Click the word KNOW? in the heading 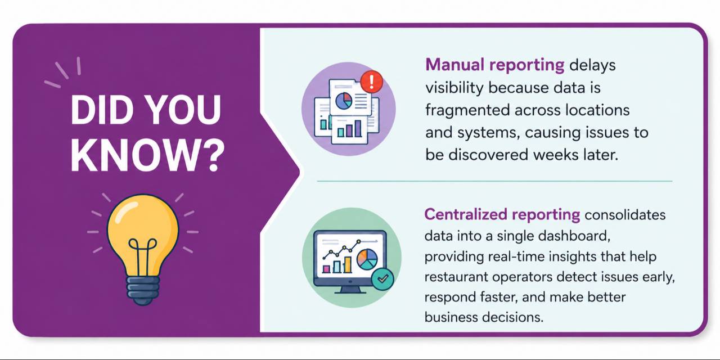(147, 156)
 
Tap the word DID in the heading (98, 110)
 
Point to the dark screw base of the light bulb (143, 290)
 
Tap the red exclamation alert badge (372, 82)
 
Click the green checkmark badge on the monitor (382, 278)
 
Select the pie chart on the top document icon (344, 101)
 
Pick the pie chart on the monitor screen (367, 259)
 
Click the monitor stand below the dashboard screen (350, 290)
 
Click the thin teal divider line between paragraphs (494, 181)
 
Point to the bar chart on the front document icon (349, 128)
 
